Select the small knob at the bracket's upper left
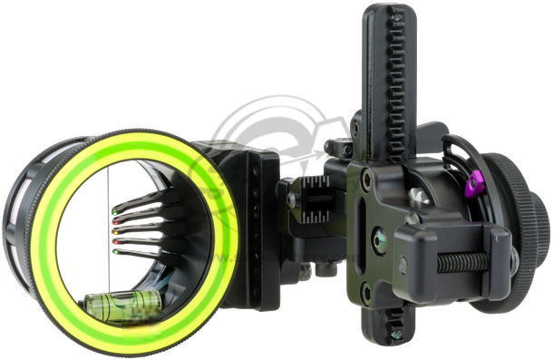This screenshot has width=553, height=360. coord(338,147)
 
